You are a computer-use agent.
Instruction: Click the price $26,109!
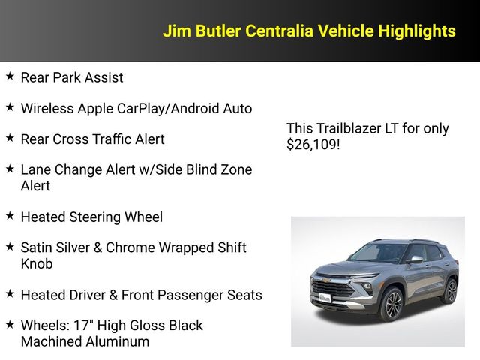coord(313,145)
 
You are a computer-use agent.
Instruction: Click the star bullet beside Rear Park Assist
coord(10,76)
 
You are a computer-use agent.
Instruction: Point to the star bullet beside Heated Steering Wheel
coord(10,216)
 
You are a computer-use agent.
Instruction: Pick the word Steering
coord(92,217)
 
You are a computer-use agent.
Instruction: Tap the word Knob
coord(37,264)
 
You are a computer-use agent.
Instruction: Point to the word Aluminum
coord(117,341)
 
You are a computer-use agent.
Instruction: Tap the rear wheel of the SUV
coord(450,290)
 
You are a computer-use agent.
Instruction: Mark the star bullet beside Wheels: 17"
coord(10,325)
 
